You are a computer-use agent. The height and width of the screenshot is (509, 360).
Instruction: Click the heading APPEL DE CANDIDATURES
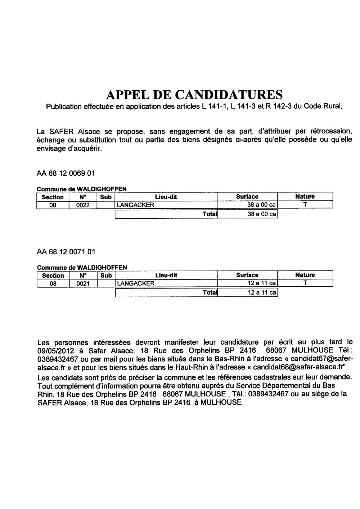click(x=194, y=95)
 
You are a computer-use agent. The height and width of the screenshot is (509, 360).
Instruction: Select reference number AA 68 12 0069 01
click(x=66, y=173)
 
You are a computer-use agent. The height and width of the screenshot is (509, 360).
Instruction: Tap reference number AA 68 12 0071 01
click(x=66, y=251)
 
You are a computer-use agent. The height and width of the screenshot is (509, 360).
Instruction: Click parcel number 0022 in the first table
click(x=82, y=205)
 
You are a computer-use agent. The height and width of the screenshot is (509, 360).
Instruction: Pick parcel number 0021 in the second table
click(x=82, y=283)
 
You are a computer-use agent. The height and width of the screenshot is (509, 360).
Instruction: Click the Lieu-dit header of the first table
click(x=166, y=197)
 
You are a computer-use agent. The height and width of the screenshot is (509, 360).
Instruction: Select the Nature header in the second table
click(x=305, y=275)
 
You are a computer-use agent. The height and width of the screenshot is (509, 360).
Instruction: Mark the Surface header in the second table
click(x=247, y=275)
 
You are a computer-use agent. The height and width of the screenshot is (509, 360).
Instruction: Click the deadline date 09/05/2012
click(x=53, y=350)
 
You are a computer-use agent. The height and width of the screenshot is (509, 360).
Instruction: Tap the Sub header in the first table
click(x=106, y=197)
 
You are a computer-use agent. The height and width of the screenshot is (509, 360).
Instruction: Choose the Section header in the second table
click(x=53, y=275)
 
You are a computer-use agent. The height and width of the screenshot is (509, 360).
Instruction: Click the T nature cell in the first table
click(x=305, y=205)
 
